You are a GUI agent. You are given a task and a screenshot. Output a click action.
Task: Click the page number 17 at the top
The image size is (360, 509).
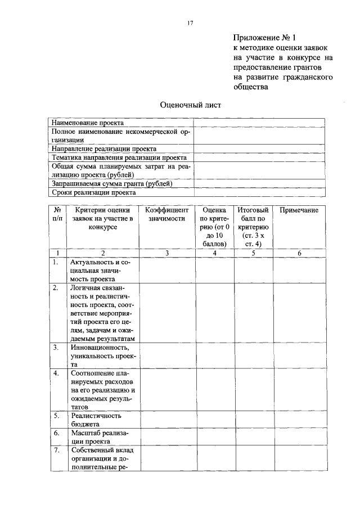coord(190,22)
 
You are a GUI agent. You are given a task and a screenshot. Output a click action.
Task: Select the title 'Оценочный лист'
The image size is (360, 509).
coord(191,105)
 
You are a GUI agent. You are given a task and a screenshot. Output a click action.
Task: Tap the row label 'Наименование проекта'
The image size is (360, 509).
coord(88,123)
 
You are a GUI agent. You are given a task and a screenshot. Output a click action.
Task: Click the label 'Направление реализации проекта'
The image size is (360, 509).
coord(104,148)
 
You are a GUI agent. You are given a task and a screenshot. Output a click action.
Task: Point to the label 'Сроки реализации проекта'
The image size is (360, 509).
coord(93,192)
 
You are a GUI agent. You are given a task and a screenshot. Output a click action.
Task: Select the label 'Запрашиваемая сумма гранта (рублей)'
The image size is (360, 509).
coord(112,183)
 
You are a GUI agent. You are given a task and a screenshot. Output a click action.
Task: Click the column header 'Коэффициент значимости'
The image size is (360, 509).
coord(166,214)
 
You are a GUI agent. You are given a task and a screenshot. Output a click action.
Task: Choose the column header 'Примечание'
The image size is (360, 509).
coord(299,210)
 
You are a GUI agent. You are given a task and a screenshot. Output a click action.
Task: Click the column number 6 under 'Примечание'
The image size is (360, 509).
coord(299,253)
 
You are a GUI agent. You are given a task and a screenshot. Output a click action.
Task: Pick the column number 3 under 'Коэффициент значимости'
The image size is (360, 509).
coord(167,253)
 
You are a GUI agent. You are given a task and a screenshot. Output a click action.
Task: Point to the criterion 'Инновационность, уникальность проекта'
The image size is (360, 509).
coord(103,355)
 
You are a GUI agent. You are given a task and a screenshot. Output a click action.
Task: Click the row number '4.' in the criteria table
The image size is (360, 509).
coord(56,373)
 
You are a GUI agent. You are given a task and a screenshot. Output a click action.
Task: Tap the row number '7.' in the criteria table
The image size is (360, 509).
coord(56,451)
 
